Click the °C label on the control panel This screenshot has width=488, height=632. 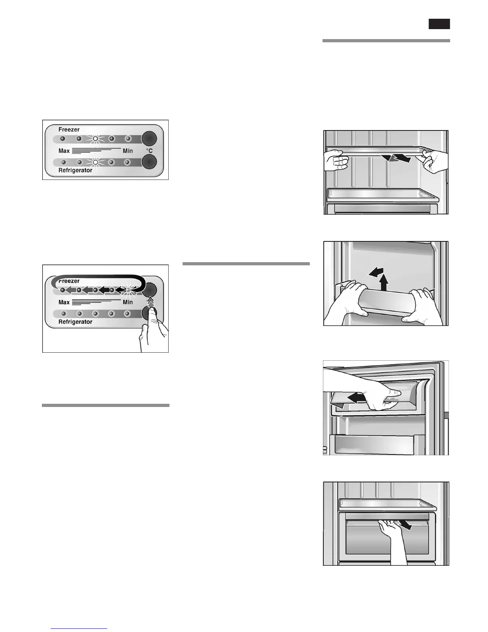click(149, 151)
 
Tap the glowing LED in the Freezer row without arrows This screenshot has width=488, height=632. click(95, 139)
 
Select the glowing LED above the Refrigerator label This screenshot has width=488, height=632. click(95, 162)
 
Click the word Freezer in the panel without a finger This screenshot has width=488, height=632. click(69, 130)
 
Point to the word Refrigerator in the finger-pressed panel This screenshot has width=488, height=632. click(75, 322)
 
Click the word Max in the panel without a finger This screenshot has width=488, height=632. click(64, 151)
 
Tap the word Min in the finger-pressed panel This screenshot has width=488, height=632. click(128, 302)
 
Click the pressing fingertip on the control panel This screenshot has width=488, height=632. click(153, 313)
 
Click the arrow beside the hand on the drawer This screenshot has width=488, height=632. click(406, 526)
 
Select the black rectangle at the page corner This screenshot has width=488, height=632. click(439, 24)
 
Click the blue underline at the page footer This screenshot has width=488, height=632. click(79, 629)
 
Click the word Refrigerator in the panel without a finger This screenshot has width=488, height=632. click(75, 170)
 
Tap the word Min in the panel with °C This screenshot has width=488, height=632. click(128, 151)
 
